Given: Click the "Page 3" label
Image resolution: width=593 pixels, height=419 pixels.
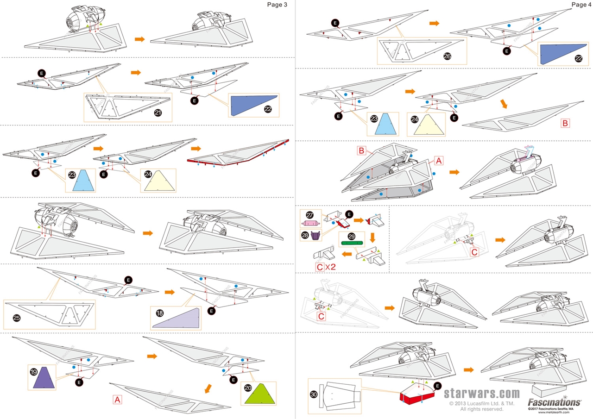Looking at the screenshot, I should point(277,5).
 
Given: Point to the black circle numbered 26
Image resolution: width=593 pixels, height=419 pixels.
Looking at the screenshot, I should point(447,56).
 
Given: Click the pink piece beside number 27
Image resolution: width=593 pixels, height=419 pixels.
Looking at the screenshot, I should point(314,224).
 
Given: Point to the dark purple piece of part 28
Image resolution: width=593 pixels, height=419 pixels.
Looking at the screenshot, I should point(316,236).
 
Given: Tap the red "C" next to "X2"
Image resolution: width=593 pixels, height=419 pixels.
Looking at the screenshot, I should point(320,267).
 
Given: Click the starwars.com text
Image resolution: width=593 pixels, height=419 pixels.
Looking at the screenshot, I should point(482,394).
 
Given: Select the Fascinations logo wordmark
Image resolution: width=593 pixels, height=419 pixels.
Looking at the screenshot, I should point(554,402).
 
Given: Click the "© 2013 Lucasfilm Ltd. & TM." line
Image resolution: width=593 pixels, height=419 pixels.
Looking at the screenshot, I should point(482,403).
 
